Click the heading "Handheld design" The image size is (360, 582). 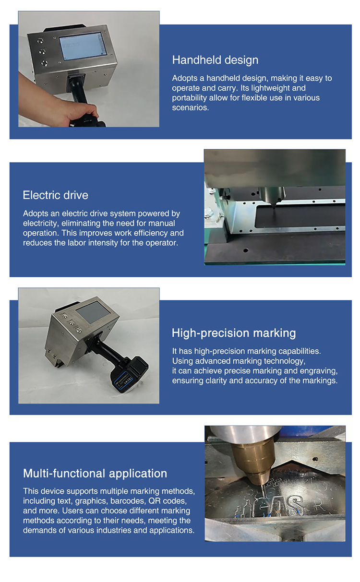pos(215,60)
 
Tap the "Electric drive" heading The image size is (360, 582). pos(55,195)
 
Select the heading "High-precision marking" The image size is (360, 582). pos(234,333)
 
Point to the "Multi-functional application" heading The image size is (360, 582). pos(95,474)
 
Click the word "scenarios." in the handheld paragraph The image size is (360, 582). pos(190,107)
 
